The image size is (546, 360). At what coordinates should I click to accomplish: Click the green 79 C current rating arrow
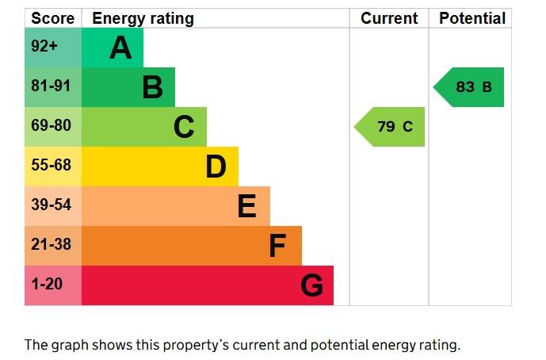[x=390, y=127]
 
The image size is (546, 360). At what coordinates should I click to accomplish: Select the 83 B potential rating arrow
[x=469, y=87]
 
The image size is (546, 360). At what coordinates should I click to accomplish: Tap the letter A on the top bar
[x=120, y=48]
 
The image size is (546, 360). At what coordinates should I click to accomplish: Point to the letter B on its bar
[x=152, y=88]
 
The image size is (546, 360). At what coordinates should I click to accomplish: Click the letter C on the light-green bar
[x=184, y=127]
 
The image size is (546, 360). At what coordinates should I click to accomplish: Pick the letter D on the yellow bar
[x=216, y=167]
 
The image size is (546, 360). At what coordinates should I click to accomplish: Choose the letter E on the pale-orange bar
[x=246, y=207]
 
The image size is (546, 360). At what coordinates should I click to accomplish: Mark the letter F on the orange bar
[x=277, y=247]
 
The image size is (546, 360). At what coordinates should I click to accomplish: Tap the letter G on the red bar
[x=311, y=285]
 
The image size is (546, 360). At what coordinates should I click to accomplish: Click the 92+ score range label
[x=44, y=47]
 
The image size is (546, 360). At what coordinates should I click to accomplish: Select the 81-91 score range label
[x=51, y=86]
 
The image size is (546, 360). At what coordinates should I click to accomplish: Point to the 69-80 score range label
[x=51, y=126]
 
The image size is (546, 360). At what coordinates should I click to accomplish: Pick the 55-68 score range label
[x=51, y=166]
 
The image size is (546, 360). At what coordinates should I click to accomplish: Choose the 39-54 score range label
[x=51, y=205]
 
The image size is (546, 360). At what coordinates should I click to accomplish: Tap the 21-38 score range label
[x=51, y=245]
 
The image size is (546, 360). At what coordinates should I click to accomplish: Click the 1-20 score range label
[x=46, y=285]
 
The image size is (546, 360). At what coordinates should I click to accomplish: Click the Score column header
[x=53, y=18]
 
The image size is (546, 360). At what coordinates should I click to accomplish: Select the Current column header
[x=389, y=18]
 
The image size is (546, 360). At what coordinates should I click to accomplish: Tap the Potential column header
[x=472, y=18]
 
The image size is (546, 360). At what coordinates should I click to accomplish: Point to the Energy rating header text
[x=143, y=18]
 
